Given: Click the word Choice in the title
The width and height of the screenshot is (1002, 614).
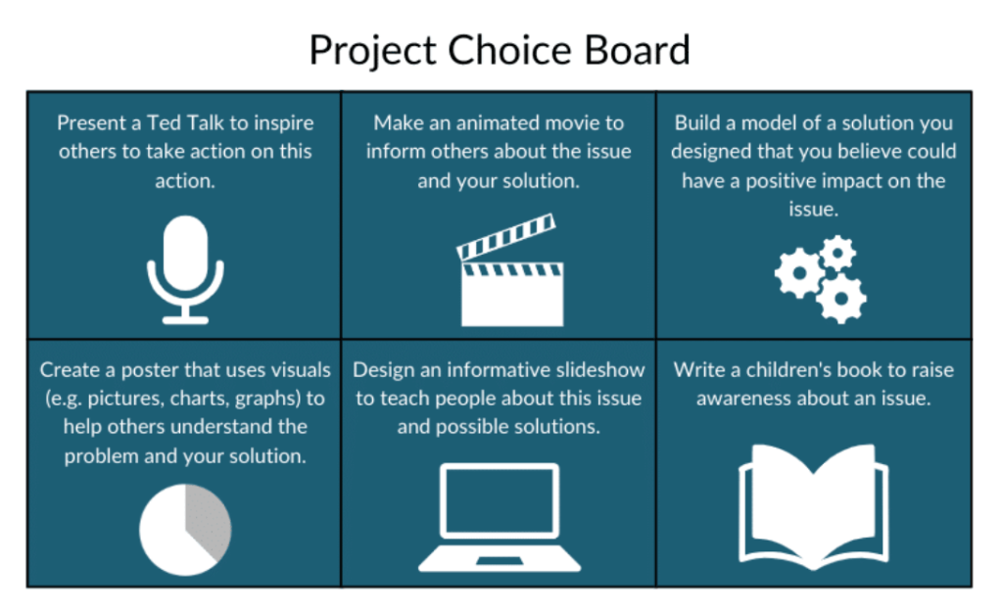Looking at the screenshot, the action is tap(509, 50).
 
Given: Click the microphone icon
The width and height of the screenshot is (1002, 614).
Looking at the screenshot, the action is tap(185, 269).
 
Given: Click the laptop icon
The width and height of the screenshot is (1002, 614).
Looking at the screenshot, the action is tap(500, 517).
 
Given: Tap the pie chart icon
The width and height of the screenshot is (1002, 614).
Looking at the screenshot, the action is tap(185, 530).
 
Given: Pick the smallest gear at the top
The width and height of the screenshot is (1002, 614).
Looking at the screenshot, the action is tap(837, 253).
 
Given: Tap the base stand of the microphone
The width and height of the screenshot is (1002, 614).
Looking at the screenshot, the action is tap(185, 319).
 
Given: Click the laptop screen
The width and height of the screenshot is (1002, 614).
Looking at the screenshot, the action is tap(500, 499).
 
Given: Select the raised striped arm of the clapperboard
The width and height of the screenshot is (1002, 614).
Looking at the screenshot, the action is tap(506, 237).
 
